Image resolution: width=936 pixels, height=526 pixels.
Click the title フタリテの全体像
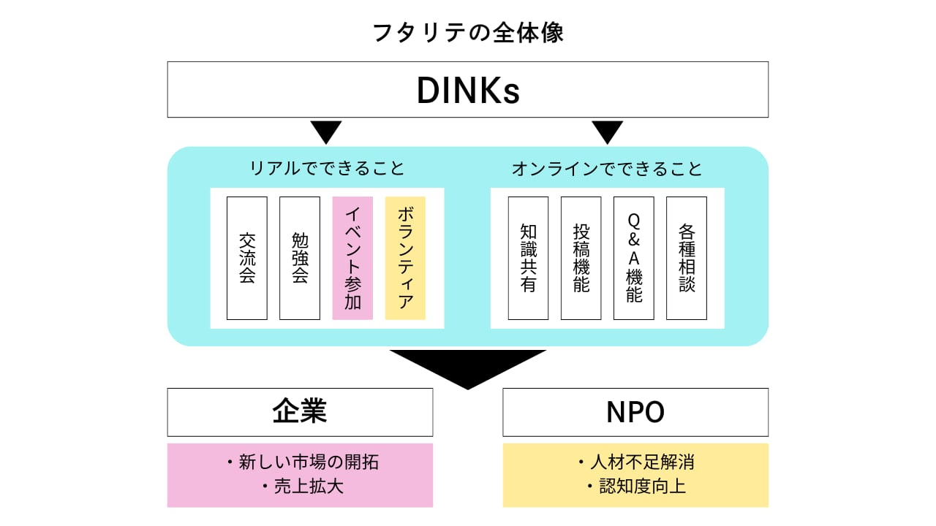tap(468, 33)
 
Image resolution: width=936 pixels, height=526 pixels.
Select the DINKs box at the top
tap(468, 90)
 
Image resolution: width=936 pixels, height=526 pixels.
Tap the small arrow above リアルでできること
tap(326, 131)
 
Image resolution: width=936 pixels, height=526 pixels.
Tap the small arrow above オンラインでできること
tap(607, 131)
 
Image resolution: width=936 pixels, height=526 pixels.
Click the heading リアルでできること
tap(327, 169)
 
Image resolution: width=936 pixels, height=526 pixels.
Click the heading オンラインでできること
tap(607, 169)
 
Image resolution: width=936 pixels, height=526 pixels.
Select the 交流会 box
tap(247, 258)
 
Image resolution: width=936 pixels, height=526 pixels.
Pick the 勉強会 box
tap(300, 258)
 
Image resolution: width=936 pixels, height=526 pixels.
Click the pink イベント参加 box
tap(352, 258)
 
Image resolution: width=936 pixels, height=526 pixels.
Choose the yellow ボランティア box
tap(405, 258)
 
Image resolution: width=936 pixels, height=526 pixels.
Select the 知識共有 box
tap(528, 258)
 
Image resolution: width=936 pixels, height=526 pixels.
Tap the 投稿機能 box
tap(581, 258)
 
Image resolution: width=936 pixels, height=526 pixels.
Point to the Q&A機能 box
tap(633, 258)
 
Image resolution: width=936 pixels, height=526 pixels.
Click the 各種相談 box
tap(686, 258)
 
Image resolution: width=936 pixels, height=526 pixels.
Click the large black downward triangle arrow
tap(468, 365)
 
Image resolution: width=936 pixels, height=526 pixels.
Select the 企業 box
tap(300, 412)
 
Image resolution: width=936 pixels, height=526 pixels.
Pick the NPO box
tap(635, 412)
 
